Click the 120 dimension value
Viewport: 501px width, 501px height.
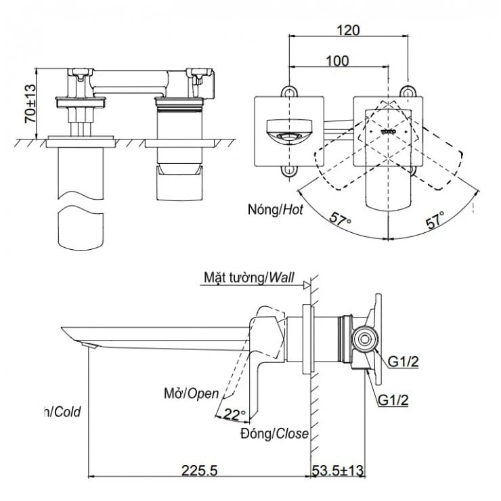coord(350,30)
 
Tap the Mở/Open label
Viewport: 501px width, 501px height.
coord(192,393)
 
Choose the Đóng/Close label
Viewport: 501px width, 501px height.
coord(274,433)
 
